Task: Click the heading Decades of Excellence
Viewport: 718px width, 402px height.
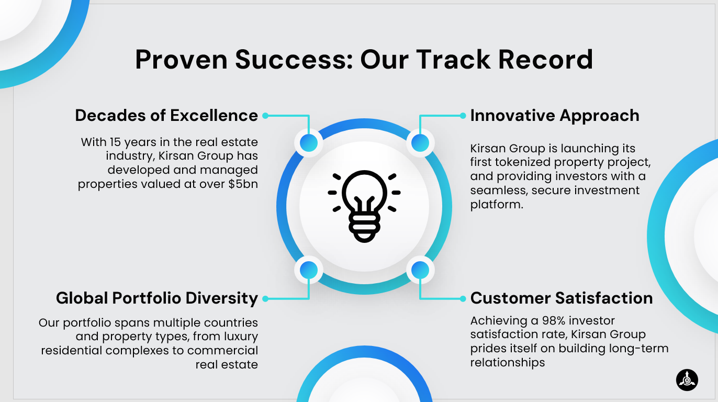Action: pos(166,115)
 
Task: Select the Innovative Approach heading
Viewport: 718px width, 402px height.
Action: pos(555,115)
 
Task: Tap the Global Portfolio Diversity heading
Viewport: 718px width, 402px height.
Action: pos(157,298)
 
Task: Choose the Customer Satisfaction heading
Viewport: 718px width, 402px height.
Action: pos(562,298)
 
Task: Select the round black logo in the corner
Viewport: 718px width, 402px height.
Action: pos(687,380)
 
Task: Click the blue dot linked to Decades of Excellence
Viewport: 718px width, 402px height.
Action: pos(309,143)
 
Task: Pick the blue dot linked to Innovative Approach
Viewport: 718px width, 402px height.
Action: pos(420,143)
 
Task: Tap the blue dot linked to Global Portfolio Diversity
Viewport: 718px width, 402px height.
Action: pos(309,270)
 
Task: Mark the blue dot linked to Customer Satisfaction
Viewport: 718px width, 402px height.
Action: pos(420,270)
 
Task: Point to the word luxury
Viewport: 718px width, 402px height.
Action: pos(241,337)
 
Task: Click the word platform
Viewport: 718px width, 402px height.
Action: pos(497,205)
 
